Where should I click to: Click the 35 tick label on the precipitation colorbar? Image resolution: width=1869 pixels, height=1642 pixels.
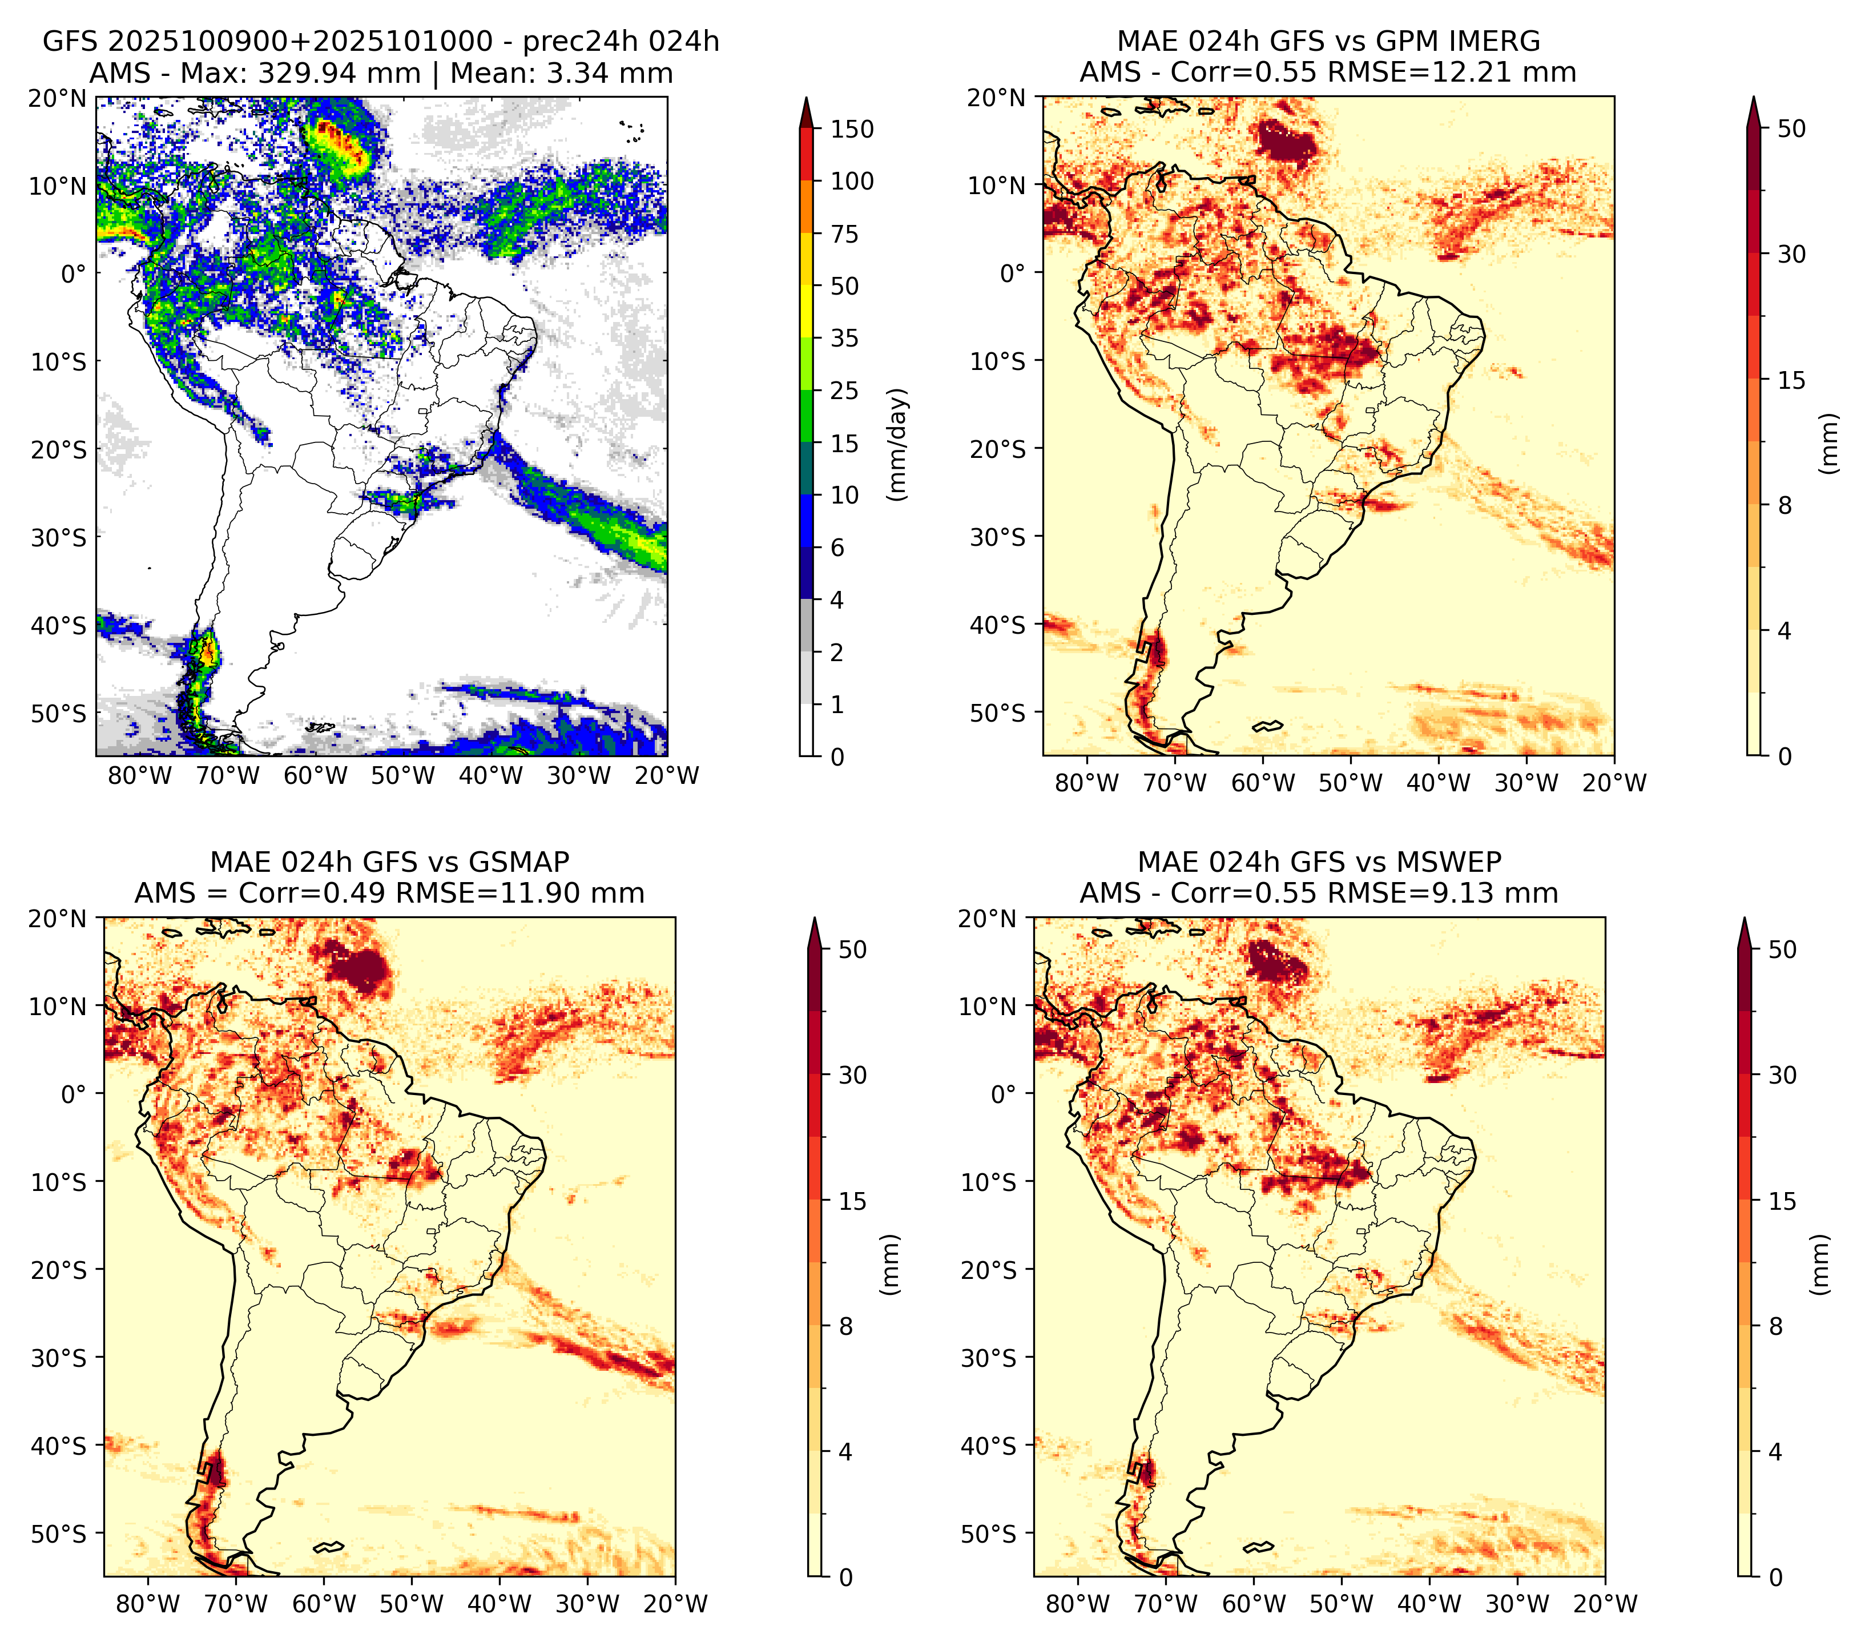coord(845,338)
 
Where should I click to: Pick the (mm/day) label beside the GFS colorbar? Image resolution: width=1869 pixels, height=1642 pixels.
coord(898,444)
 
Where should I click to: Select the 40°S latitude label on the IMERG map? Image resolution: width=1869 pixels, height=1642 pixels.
coord(998,625)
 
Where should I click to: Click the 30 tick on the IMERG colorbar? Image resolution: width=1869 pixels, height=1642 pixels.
coord(1792,254)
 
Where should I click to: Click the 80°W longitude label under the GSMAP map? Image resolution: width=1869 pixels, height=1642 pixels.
coord(149,1604)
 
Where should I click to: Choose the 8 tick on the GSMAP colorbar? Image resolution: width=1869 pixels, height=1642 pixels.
coord(846,1327)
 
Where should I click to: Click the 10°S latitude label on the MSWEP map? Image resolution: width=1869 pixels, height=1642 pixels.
coord(989,1182)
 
